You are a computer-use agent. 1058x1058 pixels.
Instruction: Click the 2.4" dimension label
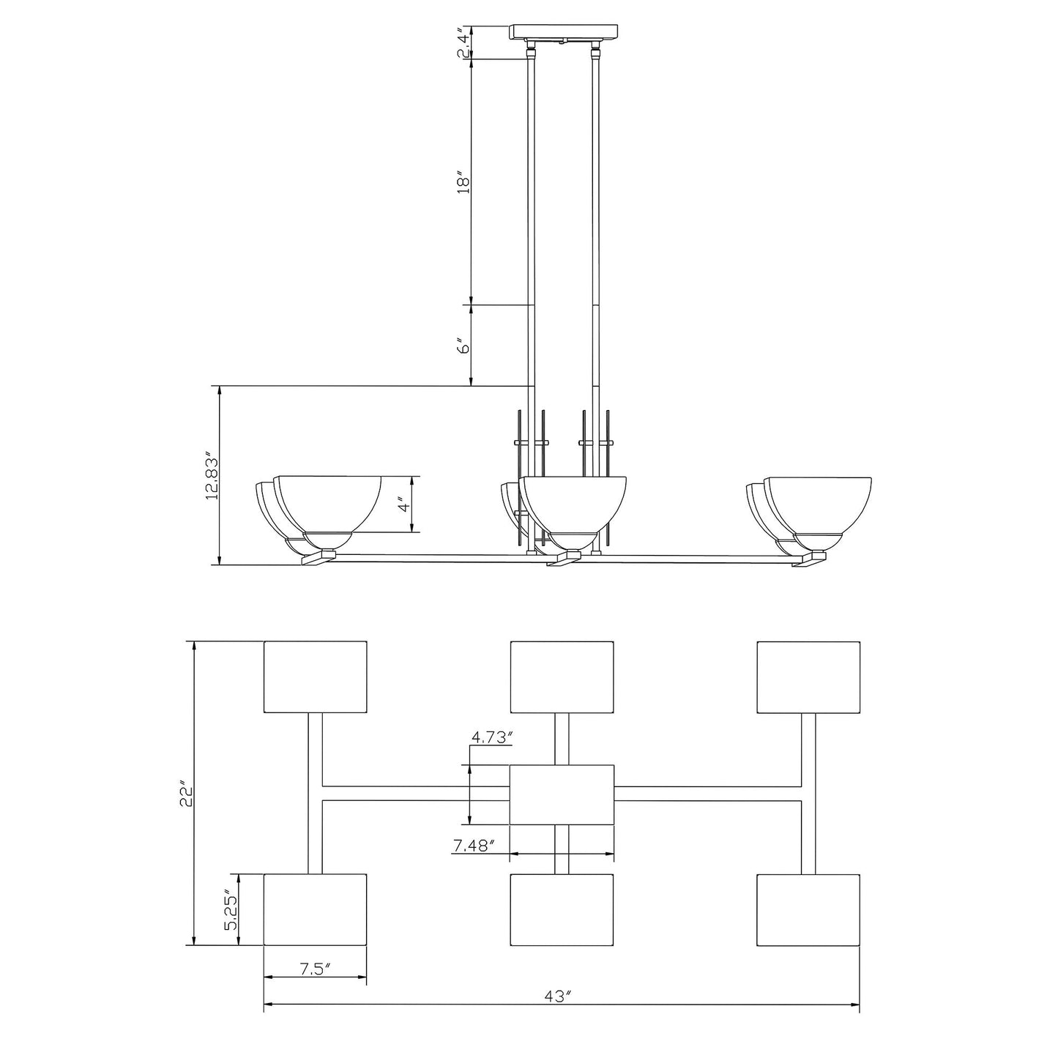click(x=461, y=44)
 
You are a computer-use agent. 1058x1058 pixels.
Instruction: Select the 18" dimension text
click(x=461, y=182)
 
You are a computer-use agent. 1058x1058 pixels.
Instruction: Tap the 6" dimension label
click(x=461, y=346)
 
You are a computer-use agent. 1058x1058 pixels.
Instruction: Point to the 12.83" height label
click(x=212, y=476)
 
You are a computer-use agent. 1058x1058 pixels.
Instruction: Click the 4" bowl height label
click(x=404, y=505)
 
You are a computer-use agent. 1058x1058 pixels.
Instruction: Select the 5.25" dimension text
click(x=231, y=910)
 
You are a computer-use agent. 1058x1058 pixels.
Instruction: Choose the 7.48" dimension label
click(x=474, y=846)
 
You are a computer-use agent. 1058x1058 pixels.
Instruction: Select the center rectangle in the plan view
click(x=562, y=794)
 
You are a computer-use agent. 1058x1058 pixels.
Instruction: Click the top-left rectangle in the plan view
click(x=315, y=677)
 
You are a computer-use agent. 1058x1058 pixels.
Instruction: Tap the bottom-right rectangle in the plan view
click(x=808, y=909)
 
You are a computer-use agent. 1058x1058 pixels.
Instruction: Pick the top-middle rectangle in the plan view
click(x=562, y=677)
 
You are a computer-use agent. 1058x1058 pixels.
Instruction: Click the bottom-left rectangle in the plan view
click(x=315, y=909)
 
